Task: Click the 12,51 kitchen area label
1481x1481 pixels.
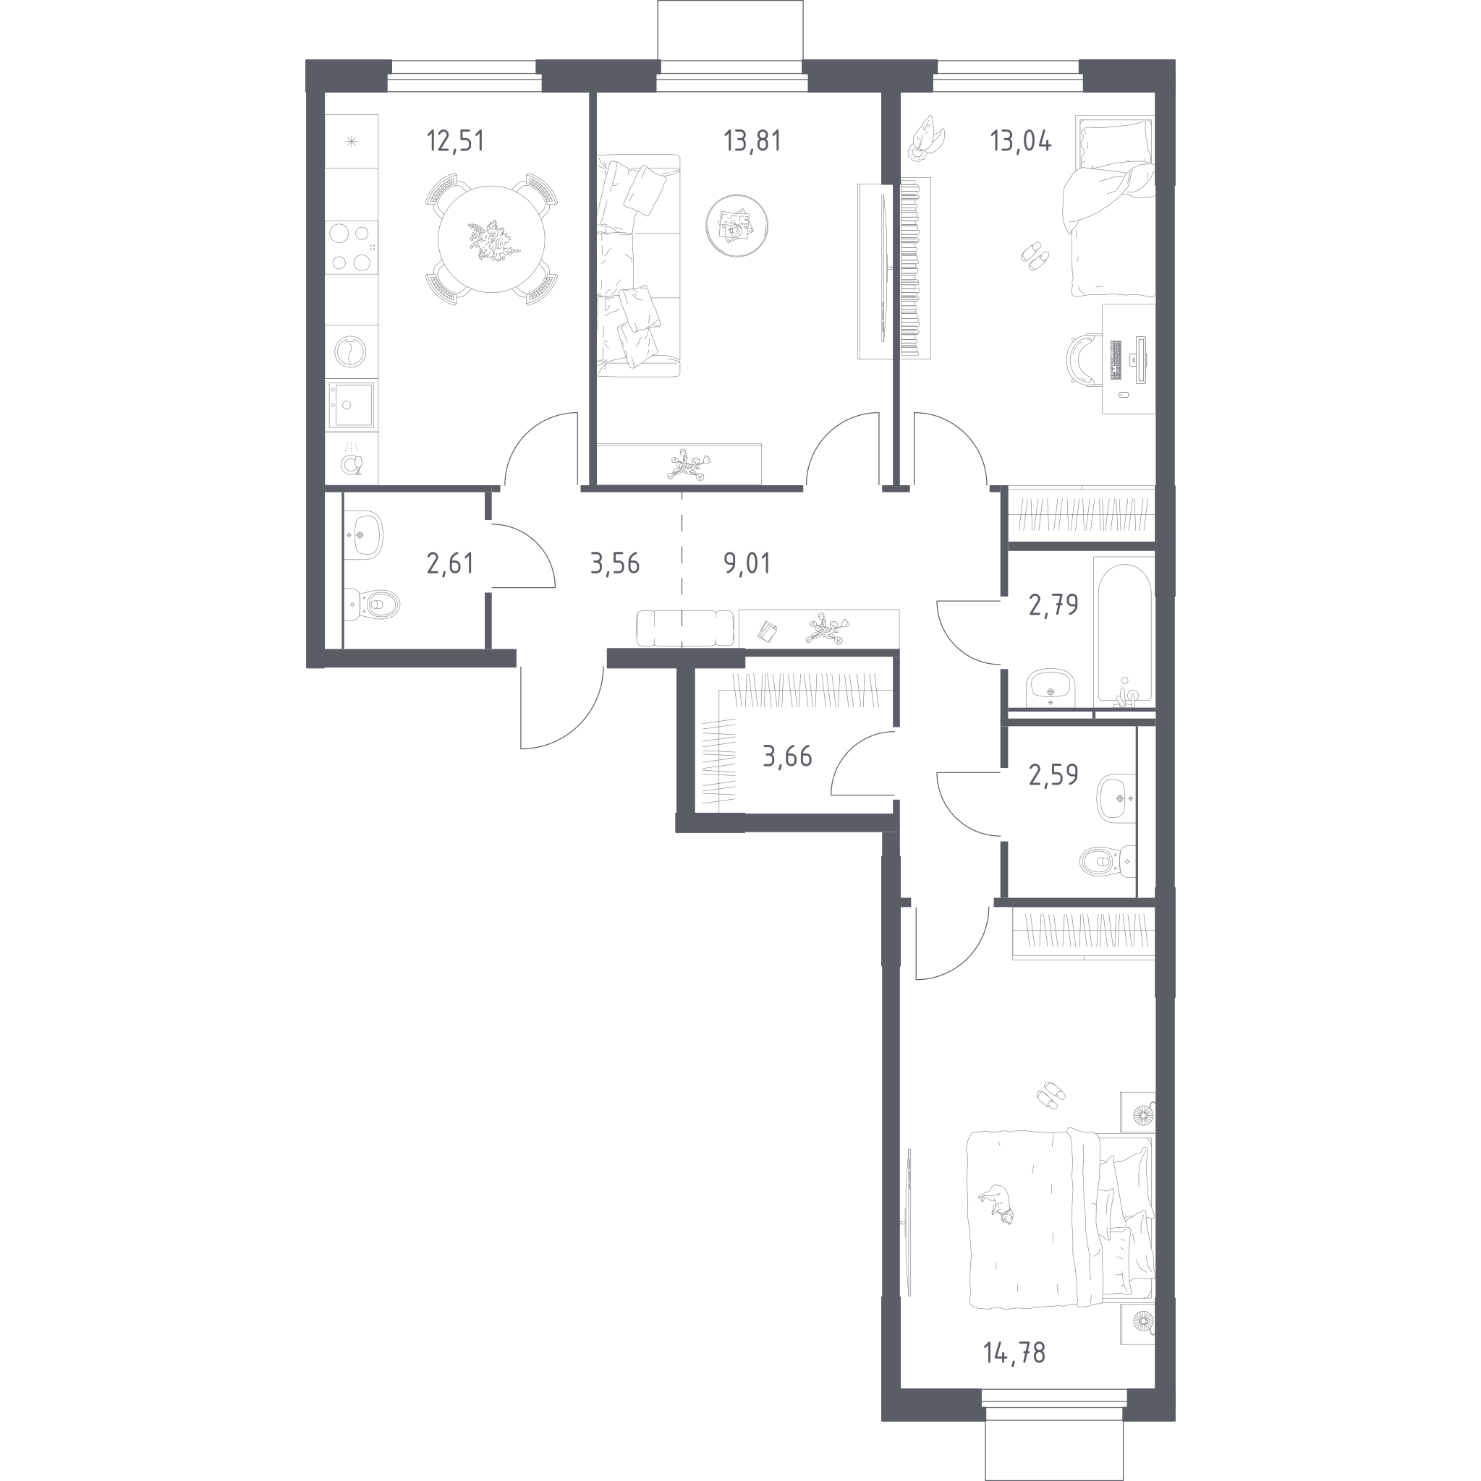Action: (456, 142)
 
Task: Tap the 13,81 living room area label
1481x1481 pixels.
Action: (752, 142)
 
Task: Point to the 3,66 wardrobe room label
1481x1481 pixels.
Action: (787, 756)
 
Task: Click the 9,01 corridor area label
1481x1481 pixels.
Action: (747, 563)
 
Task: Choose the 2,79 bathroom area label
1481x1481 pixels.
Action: (1054, 605)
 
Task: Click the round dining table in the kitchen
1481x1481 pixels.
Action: (492, 239)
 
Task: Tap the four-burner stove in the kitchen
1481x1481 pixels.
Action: (352, 247)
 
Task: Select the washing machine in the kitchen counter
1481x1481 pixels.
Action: (350, 353)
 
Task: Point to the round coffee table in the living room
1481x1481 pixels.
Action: (737, 226)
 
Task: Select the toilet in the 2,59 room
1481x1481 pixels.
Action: (1107, 861)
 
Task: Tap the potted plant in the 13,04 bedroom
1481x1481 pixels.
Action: (927, 138)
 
